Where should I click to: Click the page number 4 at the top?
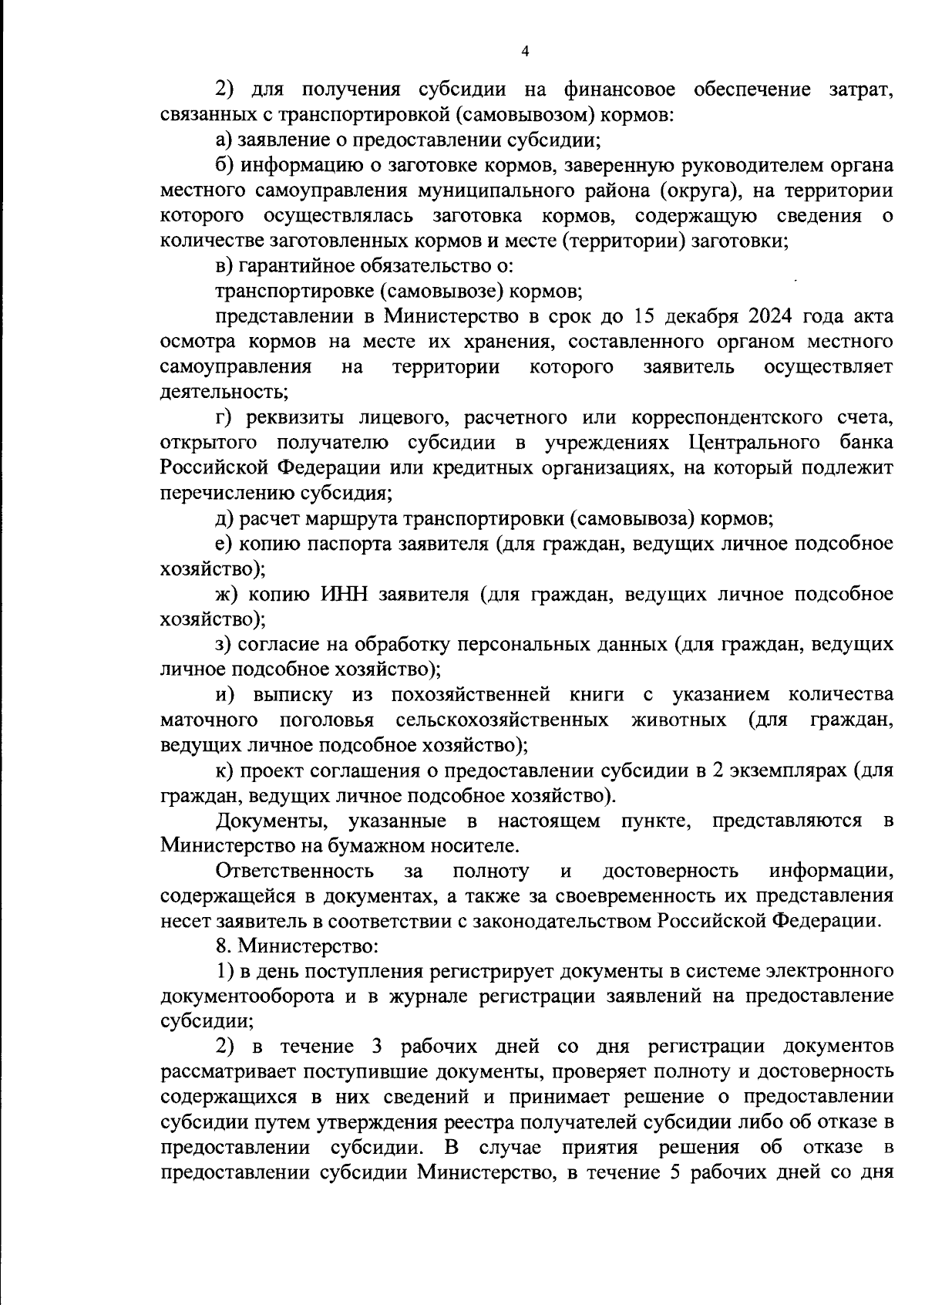(525, 52)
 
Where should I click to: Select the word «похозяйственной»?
(470, 695)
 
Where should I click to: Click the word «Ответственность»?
(295, 872)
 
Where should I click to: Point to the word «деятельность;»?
(224, 392)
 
